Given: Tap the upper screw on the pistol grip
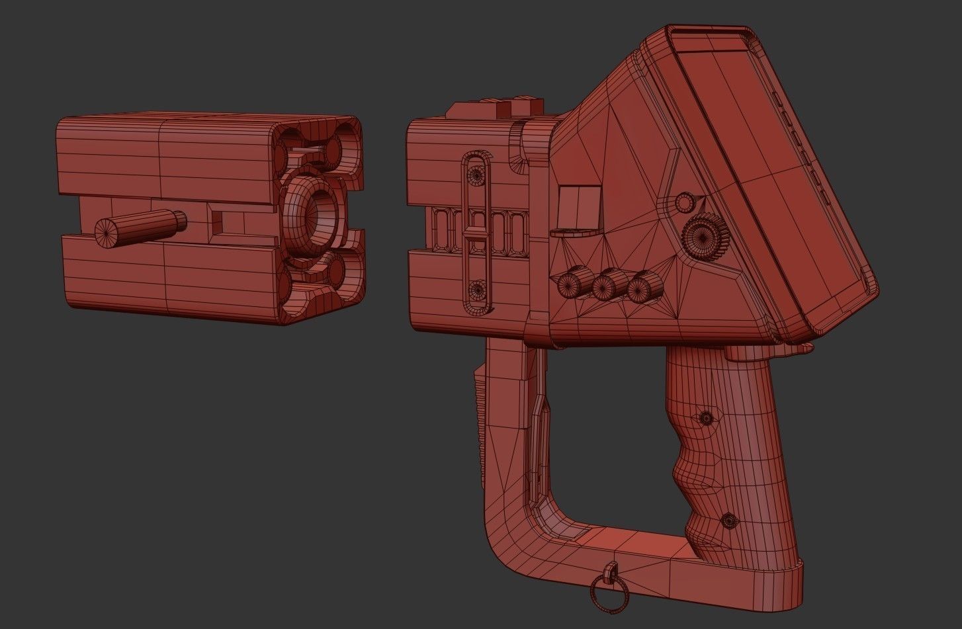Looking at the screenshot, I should (706, 417).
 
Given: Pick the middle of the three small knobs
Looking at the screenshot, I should (606, 286).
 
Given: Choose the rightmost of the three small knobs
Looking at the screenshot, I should (640, 288).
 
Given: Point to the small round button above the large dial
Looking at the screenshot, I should (685, 202).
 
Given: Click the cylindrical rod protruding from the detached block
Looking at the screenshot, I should (139, 228).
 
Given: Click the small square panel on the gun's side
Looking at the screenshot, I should (578, 206).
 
